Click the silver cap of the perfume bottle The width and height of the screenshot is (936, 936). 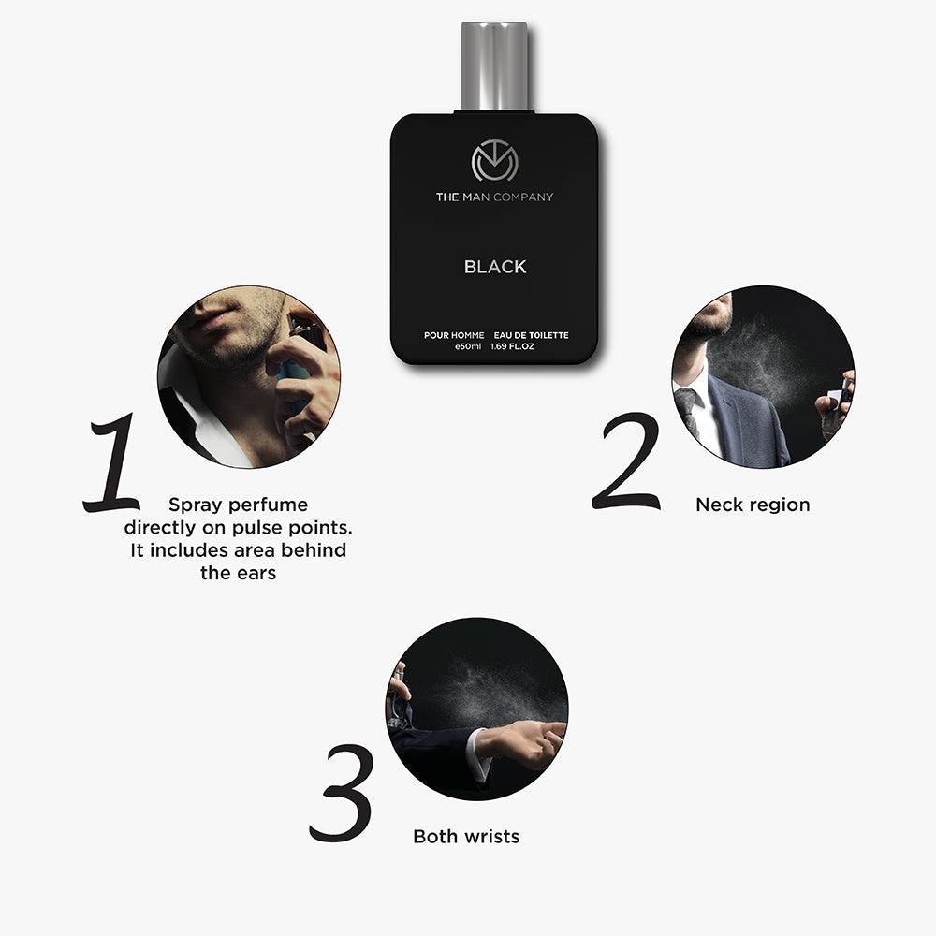494,66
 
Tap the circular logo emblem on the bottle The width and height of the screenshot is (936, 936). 494,162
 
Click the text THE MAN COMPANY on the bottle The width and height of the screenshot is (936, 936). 494,197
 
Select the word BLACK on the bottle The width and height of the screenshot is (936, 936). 495,267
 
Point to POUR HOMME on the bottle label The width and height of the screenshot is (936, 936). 454,335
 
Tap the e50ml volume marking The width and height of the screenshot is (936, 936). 468,347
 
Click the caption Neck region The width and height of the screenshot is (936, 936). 753,505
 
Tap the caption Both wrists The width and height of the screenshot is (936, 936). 466,836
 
